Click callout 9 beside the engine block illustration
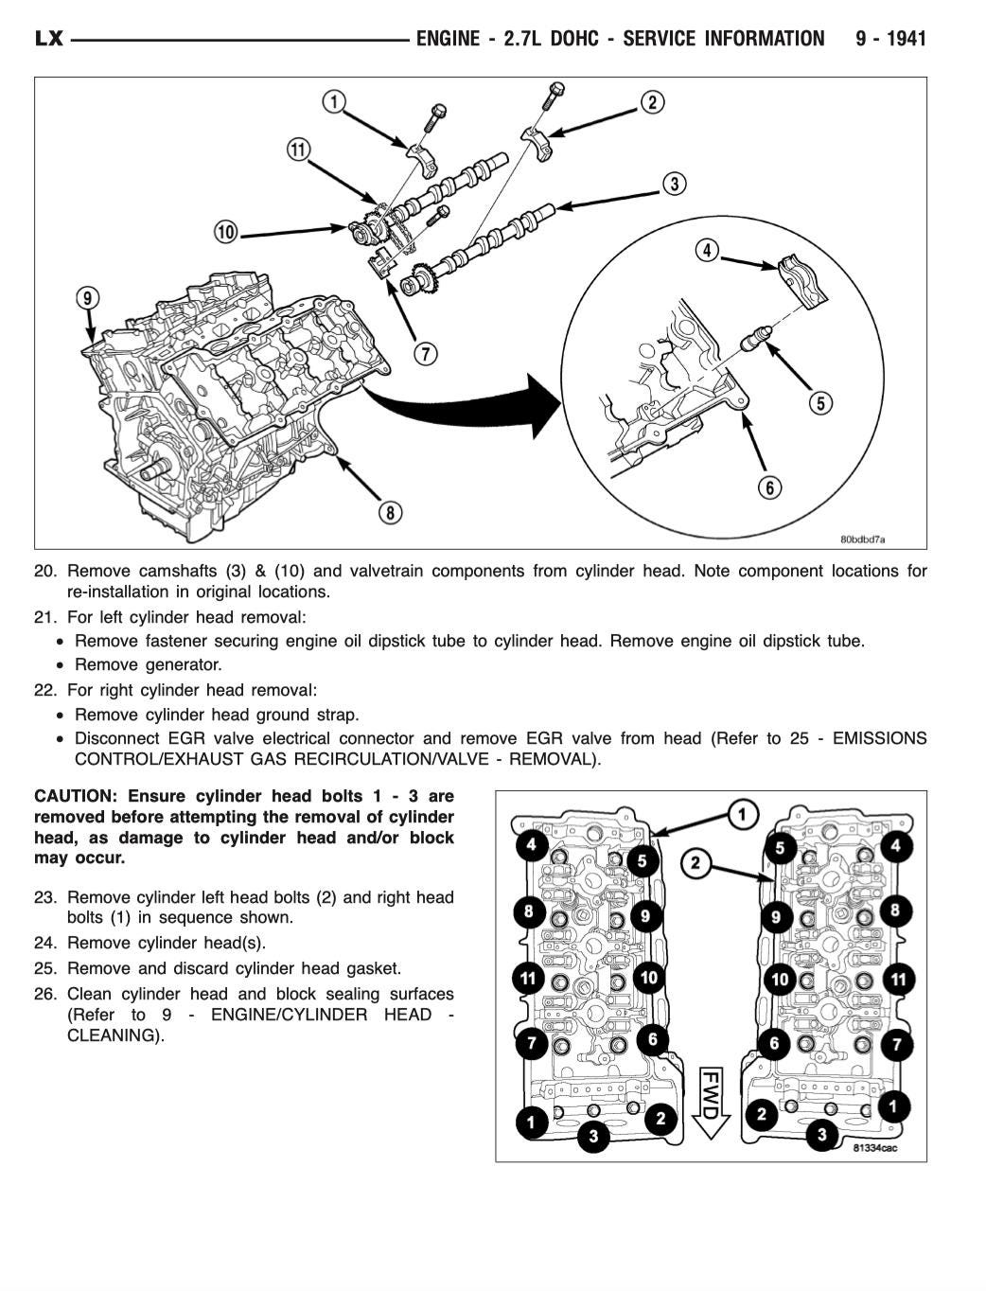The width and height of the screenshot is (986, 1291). tap(87, 299)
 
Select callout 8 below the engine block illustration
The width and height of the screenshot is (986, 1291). tap(390, 513)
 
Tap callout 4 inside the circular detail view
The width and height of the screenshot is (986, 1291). tap(707, 251)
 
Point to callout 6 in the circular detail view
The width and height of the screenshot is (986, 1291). tap(770, 487)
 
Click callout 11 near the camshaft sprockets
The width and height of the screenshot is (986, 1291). tap(298, 150)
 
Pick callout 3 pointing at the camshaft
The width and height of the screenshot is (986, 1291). tap(673, 184)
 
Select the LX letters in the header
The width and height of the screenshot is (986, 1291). tap(48, 39)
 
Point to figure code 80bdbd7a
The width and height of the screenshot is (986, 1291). tap(862, 539)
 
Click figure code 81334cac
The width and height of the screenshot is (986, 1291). tap(874, 1148)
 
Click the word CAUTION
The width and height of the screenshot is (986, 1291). tap(74, 796)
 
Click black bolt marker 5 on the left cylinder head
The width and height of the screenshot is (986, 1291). tap(643, 860)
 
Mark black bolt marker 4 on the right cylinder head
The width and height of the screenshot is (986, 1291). tap(895, 845)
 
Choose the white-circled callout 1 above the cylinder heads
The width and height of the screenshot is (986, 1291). tap(743, 815)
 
